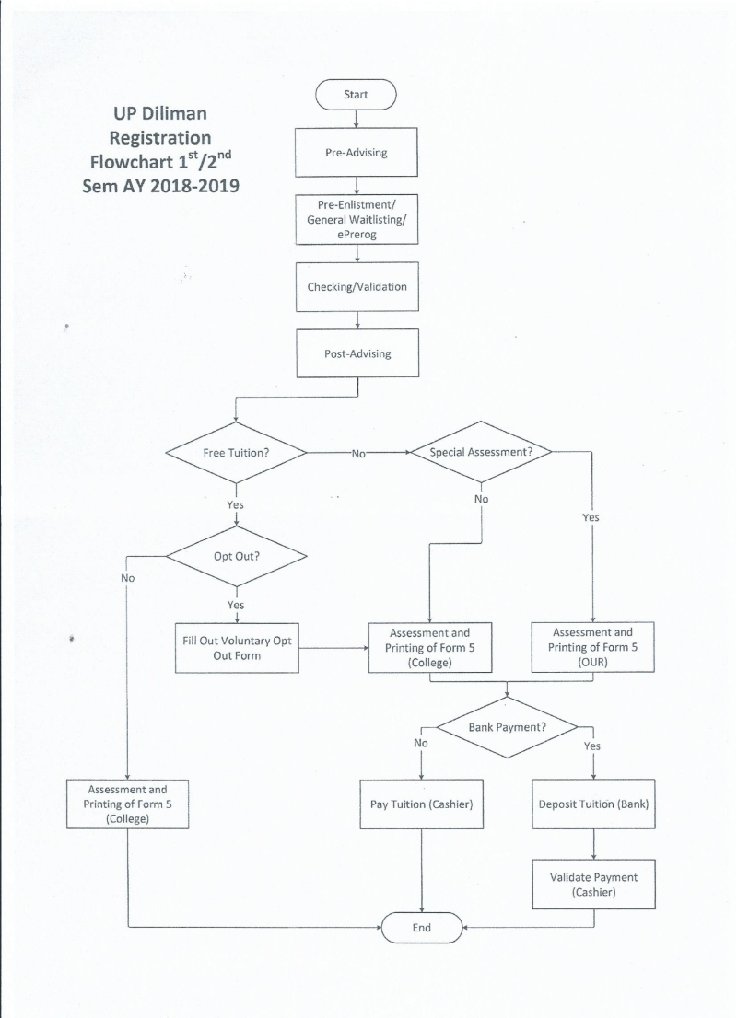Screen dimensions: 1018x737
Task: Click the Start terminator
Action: tap(356, 94)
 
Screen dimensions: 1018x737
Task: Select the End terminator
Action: tap(421, 927)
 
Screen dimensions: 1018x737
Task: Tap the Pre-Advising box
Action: tap(356, 153)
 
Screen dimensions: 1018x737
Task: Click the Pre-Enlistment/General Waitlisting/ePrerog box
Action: tap(356, 220)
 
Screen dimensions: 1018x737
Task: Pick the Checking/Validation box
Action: tap(356, 286)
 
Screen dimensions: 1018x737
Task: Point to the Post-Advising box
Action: tap(356, 353)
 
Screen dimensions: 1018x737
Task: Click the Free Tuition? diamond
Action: tap(236, 453)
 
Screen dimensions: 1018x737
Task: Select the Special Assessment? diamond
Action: tap(482, 452)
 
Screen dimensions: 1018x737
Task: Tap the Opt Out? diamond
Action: tap(236, 556)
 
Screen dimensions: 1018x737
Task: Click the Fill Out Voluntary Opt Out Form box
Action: tap(236, 647)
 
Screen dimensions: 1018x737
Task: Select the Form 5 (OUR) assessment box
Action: tap(592, 647)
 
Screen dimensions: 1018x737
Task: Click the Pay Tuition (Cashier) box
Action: tap(421, 804)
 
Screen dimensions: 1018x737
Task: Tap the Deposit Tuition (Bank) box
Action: tap(592, 804)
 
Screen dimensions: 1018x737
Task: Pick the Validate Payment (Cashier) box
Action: tap(592, 884)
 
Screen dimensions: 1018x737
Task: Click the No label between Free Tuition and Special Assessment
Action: tap(358, 453)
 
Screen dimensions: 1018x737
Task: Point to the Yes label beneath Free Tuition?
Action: tap(236, 504)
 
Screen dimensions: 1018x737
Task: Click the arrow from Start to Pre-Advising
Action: tap(356, 118)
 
